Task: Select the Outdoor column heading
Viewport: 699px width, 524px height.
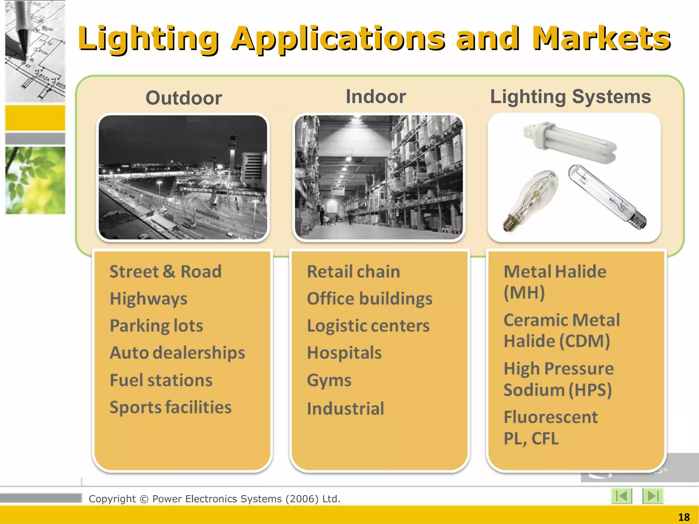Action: coord(184,98)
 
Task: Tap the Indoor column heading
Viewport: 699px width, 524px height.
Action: coord(376,97)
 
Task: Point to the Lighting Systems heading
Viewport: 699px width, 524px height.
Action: coord(570,97)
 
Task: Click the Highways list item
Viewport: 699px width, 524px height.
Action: coord(148,299)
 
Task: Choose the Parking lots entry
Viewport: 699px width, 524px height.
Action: coord(156,326)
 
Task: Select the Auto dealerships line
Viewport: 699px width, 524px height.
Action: coord(177,353)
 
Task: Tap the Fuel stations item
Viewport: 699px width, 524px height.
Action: coord(161,380)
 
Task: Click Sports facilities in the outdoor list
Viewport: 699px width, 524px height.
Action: coord(170,407)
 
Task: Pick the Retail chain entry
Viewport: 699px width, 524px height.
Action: coord(353,272)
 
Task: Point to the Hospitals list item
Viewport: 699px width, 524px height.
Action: coord(344,353)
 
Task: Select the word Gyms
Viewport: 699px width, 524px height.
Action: coord(329,380)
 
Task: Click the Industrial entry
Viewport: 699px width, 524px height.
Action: coord(345,409)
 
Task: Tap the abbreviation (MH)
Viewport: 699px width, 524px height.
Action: coord(524,293)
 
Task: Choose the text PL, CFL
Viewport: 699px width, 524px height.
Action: coord(531,439)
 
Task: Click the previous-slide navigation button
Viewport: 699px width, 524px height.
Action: coord(621,496)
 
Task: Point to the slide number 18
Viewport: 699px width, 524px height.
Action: coord(684,517)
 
